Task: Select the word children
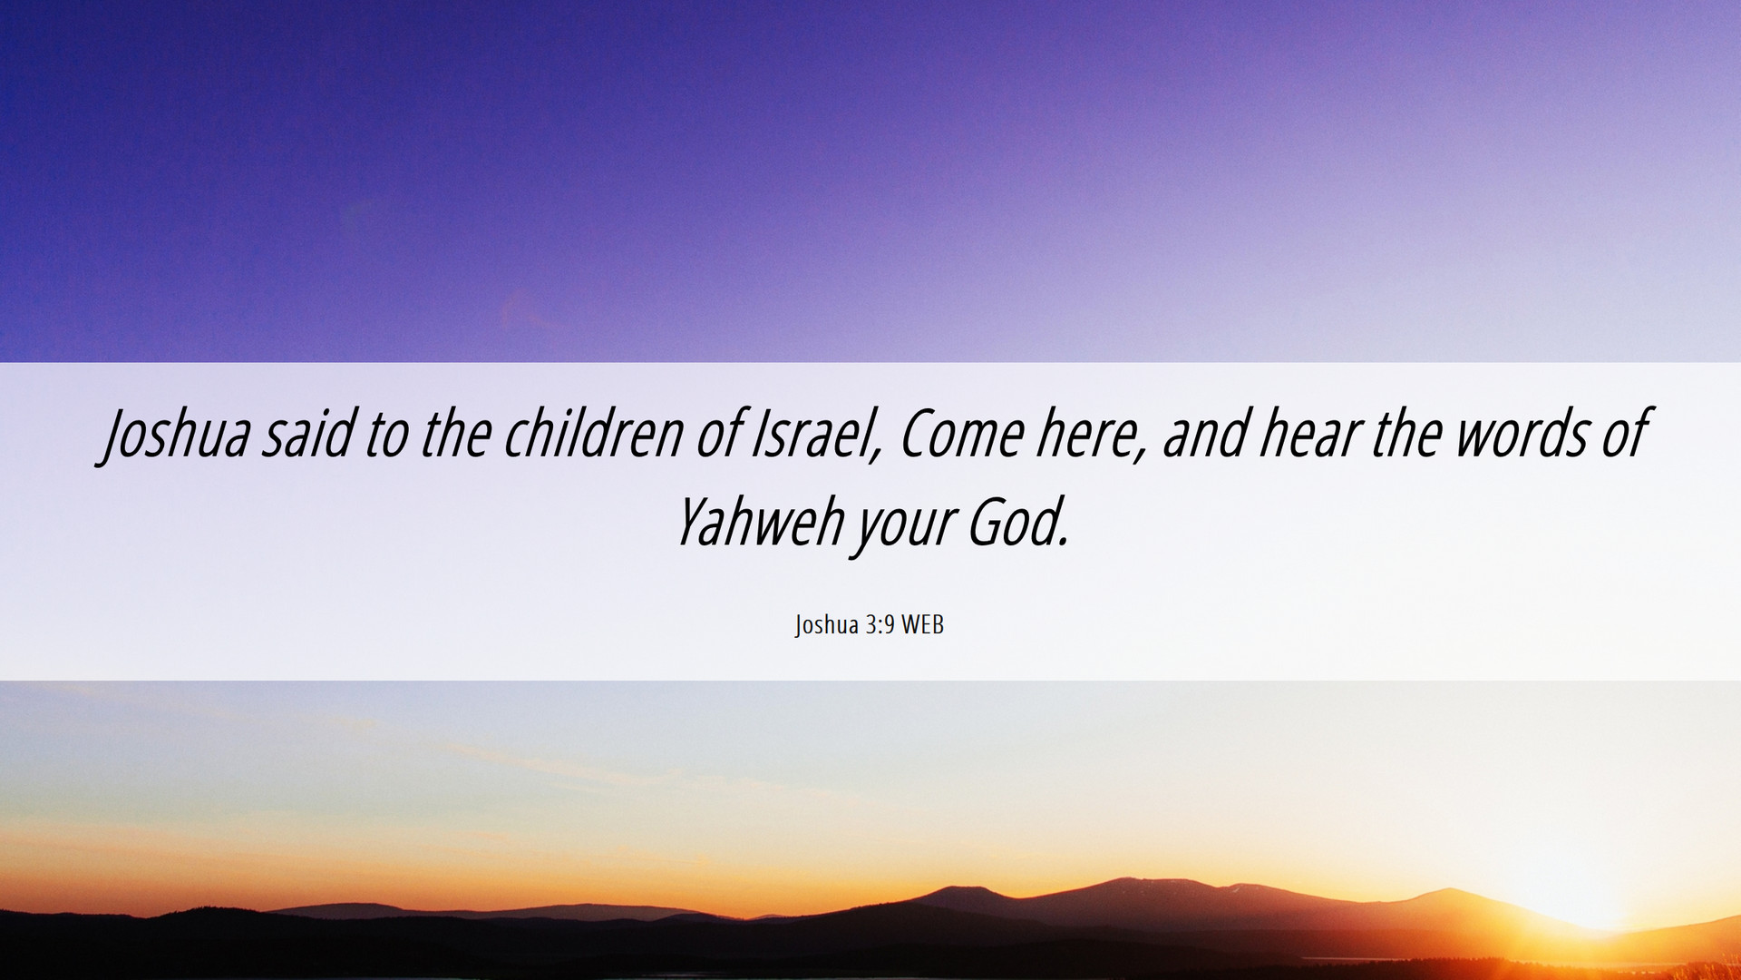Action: tap(593, 433)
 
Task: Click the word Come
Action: tap(961, 434)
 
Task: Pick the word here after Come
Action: tap(1092, 434)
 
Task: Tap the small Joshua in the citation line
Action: tap(826, 625)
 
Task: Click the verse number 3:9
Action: tap(880, 624)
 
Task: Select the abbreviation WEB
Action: tap(922, 624)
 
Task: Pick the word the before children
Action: tap(456, 433)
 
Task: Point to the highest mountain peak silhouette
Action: tap(1124, 879)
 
